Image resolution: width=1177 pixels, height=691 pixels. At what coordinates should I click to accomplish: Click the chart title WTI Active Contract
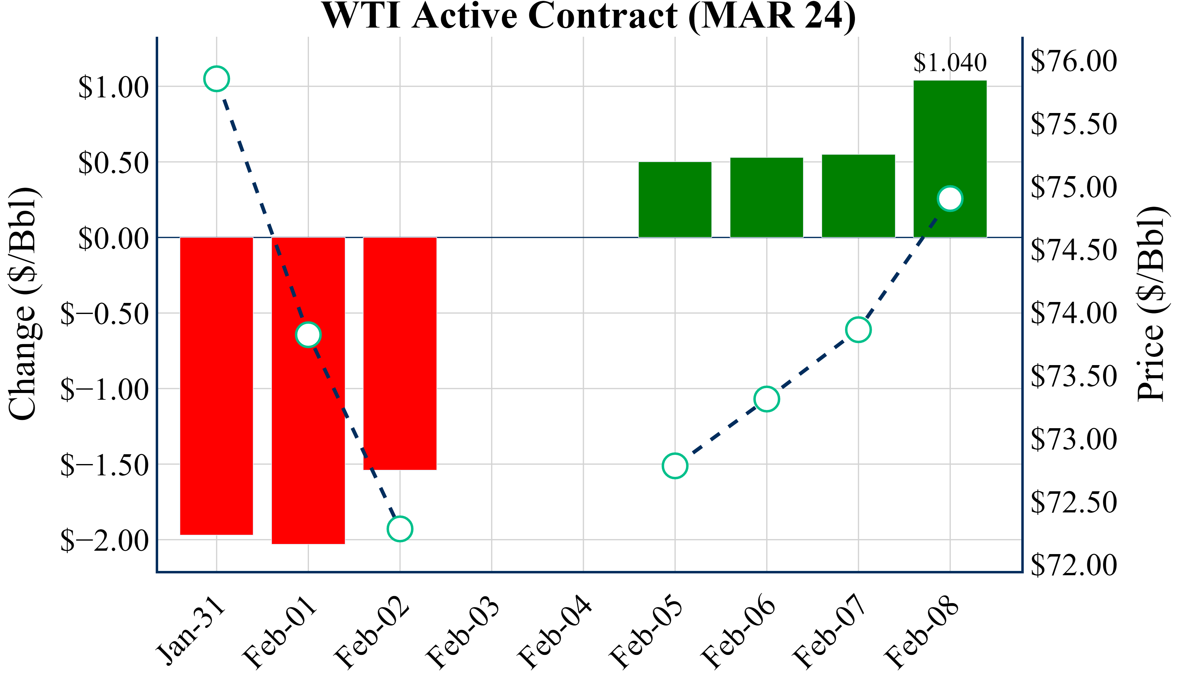(x=588, y=16)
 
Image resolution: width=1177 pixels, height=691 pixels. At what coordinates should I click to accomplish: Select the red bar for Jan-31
(x=216, y=386)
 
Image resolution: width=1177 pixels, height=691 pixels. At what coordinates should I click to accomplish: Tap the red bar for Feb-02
(x=400, y=353)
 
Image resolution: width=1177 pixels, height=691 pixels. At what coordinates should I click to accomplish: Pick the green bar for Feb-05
(x=675, y=200)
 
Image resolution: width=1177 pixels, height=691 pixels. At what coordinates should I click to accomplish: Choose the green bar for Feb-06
(x=767, y=198)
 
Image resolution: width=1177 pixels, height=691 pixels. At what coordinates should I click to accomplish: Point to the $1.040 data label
(x=950, y=62)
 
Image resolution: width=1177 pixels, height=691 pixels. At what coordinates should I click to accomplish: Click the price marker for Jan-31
(x=216, y=79)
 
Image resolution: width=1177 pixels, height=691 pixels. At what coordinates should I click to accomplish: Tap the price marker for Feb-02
(x=400, y=529)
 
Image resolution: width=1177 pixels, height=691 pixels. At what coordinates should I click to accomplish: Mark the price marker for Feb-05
(x=675, y=466)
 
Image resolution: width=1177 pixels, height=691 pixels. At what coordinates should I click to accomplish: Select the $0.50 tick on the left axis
(x=113, y=163)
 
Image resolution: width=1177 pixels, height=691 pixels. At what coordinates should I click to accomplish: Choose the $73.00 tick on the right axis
(x=1073, y=439)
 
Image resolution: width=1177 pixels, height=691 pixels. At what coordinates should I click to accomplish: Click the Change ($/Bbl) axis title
(x=23, y=304)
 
